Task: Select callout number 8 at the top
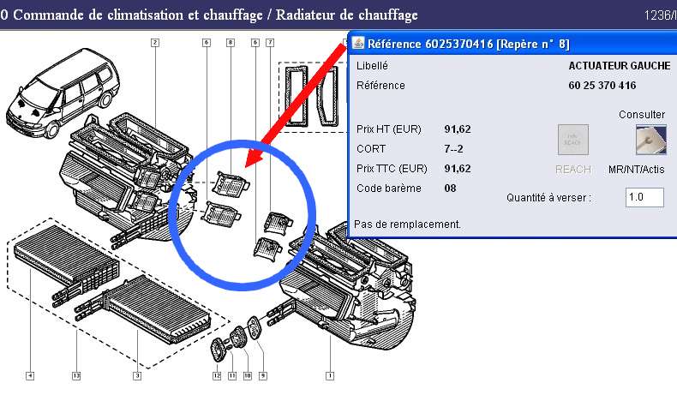231,42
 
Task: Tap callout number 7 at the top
270,42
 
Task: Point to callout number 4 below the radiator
30,375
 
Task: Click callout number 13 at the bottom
77,375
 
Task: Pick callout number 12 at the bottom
217,375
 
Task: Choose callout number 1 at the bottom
330,375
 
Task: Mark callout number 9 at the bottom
263,375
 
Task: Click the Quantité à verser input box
644,198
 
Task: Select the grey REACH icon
573,141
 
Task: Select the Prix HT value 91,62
458,129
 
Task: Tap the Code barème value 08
451,189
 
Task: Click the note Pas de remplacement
408,224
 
